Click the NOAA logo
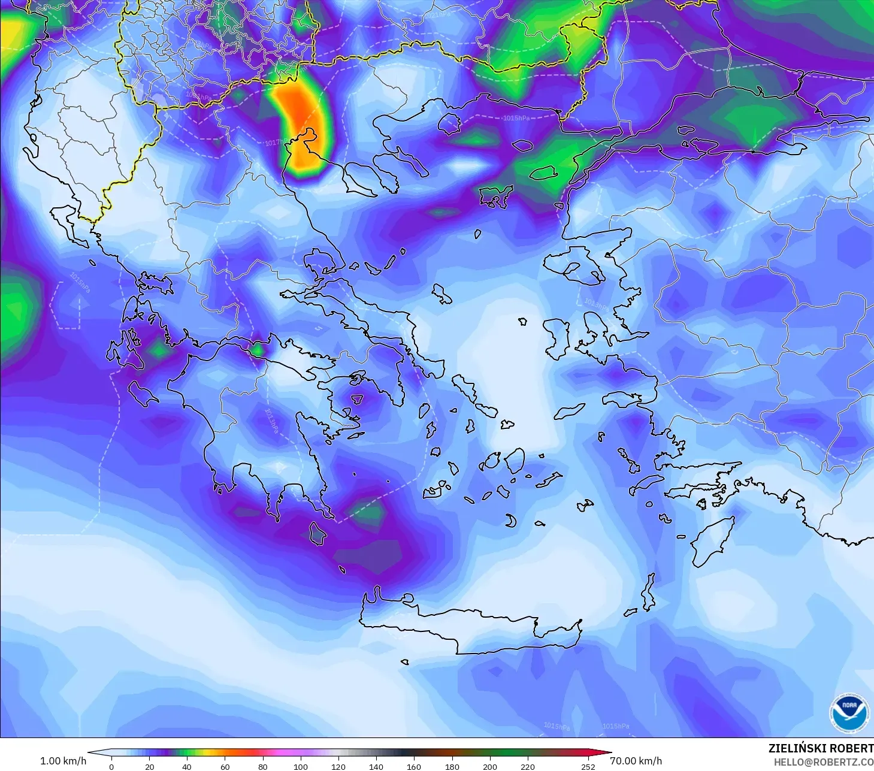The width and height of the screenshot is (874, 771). pos(849,713)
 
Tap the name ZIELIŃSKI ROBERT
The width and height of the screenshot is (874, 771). pos(821,748)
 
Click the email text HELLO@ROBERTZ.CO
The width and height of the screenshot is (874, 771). pos(823,762)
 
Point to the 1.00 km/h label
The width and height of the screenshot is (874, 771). pos(63,761)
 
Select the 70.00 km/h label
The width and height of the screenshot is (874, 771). pos(636,761)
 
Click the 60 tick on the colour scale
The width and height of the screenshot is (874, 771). pos(225,766)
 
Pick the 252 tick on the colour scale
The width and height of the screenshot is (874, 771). pos(588,766)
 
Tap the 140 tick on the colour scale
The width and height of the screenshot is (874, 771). pos(376,766)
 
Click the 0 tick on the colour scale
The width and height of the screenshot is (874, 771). pos(111,766)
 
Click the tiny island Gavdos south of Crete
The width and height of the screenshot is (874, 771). pos(405,662)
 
